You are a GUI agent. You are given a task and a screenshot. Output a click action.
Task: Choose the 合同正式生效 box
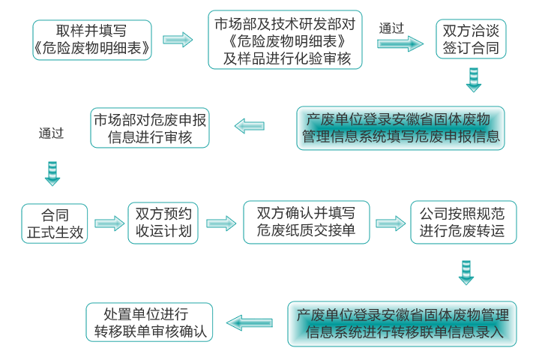point(55,223)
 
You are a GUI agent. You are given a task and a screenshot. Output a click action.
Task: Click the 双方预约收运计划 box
point(163,223)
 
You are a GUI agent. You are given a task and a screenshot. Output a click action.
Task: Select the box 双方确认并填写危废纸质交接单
point(306,223)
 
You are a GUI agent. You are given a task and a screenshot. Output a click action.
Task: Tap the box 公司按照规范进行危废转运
point(463,223)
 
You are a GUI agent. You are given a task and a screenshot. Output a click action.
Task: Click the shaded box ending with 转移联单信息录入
point(402,323)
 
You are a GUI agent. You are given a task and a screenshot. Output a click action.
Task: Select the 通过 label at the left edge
point(52,134)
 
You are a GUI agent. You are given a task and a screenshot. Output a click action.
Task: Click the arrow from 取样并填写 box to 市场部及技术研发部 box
point(178,40)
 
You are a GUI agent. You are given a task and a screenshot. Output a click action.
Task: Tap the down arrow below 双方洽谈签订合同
point(473,79)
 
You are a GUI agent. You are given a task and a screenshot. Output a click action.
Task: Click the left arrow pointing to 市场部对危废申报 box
point(250,125)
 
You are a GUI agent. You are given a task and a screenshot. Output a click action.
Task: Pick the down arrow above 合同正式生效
point(52,172)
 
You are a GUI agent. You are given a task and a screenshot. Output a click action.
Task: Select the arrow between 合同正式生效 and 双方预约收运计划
point(109,223)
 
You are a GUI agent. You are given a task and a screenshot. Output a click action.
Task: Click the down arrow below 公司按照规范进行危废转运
point(466,272)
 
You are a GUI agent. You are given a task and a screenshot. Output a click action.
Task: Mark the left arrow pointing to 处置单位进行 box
point(250,323)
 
